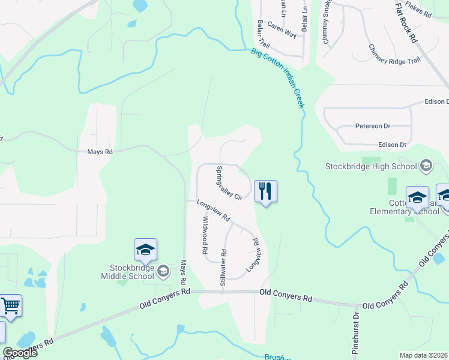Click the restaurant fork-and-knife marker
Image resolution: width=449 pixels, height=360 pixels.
(265, 191)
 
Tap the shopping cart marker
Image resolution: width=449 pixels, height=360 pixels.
(11, 305)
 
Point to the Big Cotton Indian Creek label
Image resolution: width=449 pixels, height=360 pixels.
(278, 79)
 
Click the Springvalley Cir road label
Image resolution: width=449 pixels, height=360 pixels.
(229, 182)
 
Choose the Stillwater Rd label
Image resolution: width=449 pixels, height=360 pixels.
(223, 267)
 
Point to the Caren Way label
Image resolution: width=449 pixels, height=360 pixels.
(282, 31)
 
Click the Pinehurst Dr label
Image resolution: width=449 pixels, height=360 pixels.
(356, 334)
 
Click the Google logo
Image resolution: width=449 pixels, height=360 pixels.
(20, 353)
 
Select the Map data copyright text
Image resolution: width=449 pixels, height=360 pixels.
(424, 355)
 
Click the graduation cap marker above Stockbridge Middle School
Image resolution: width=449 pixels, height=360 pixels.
(145, 250)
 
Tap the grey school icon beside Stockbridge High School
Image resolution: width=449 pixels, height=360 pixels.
(426, 165)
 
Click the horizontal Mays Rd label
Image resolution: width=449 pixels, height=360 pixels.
(100, 152)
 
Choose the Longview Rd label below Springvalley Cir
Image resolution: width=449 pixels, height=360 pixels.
(214, 211)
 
